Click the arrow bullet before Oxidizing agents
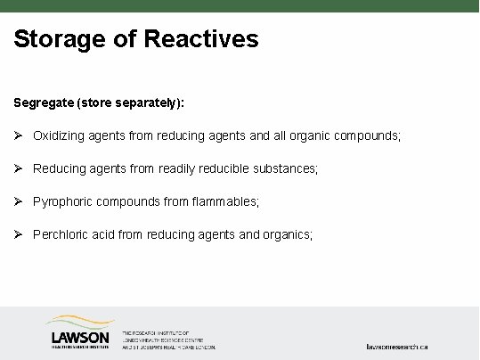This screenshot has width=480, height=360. pos(19,135)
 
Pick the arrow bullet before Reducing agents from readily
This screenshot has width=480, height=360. pos(19,168)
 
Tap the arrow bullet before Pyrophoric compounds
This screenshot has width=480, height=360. pos(19,201)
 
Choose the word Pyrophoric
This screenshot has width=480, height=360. pos(62,201)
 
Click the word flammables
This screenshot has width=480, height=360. pos(224,201)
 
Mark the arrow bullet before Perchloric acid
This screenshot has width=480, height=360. pos(19,234)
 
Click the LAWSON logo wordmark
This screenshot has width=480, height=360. pos(81,338)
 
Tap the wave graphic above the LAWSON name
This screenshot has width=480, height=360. pos(80,322)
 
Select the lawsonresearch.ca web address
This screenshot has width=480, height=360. pos(398,346)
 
